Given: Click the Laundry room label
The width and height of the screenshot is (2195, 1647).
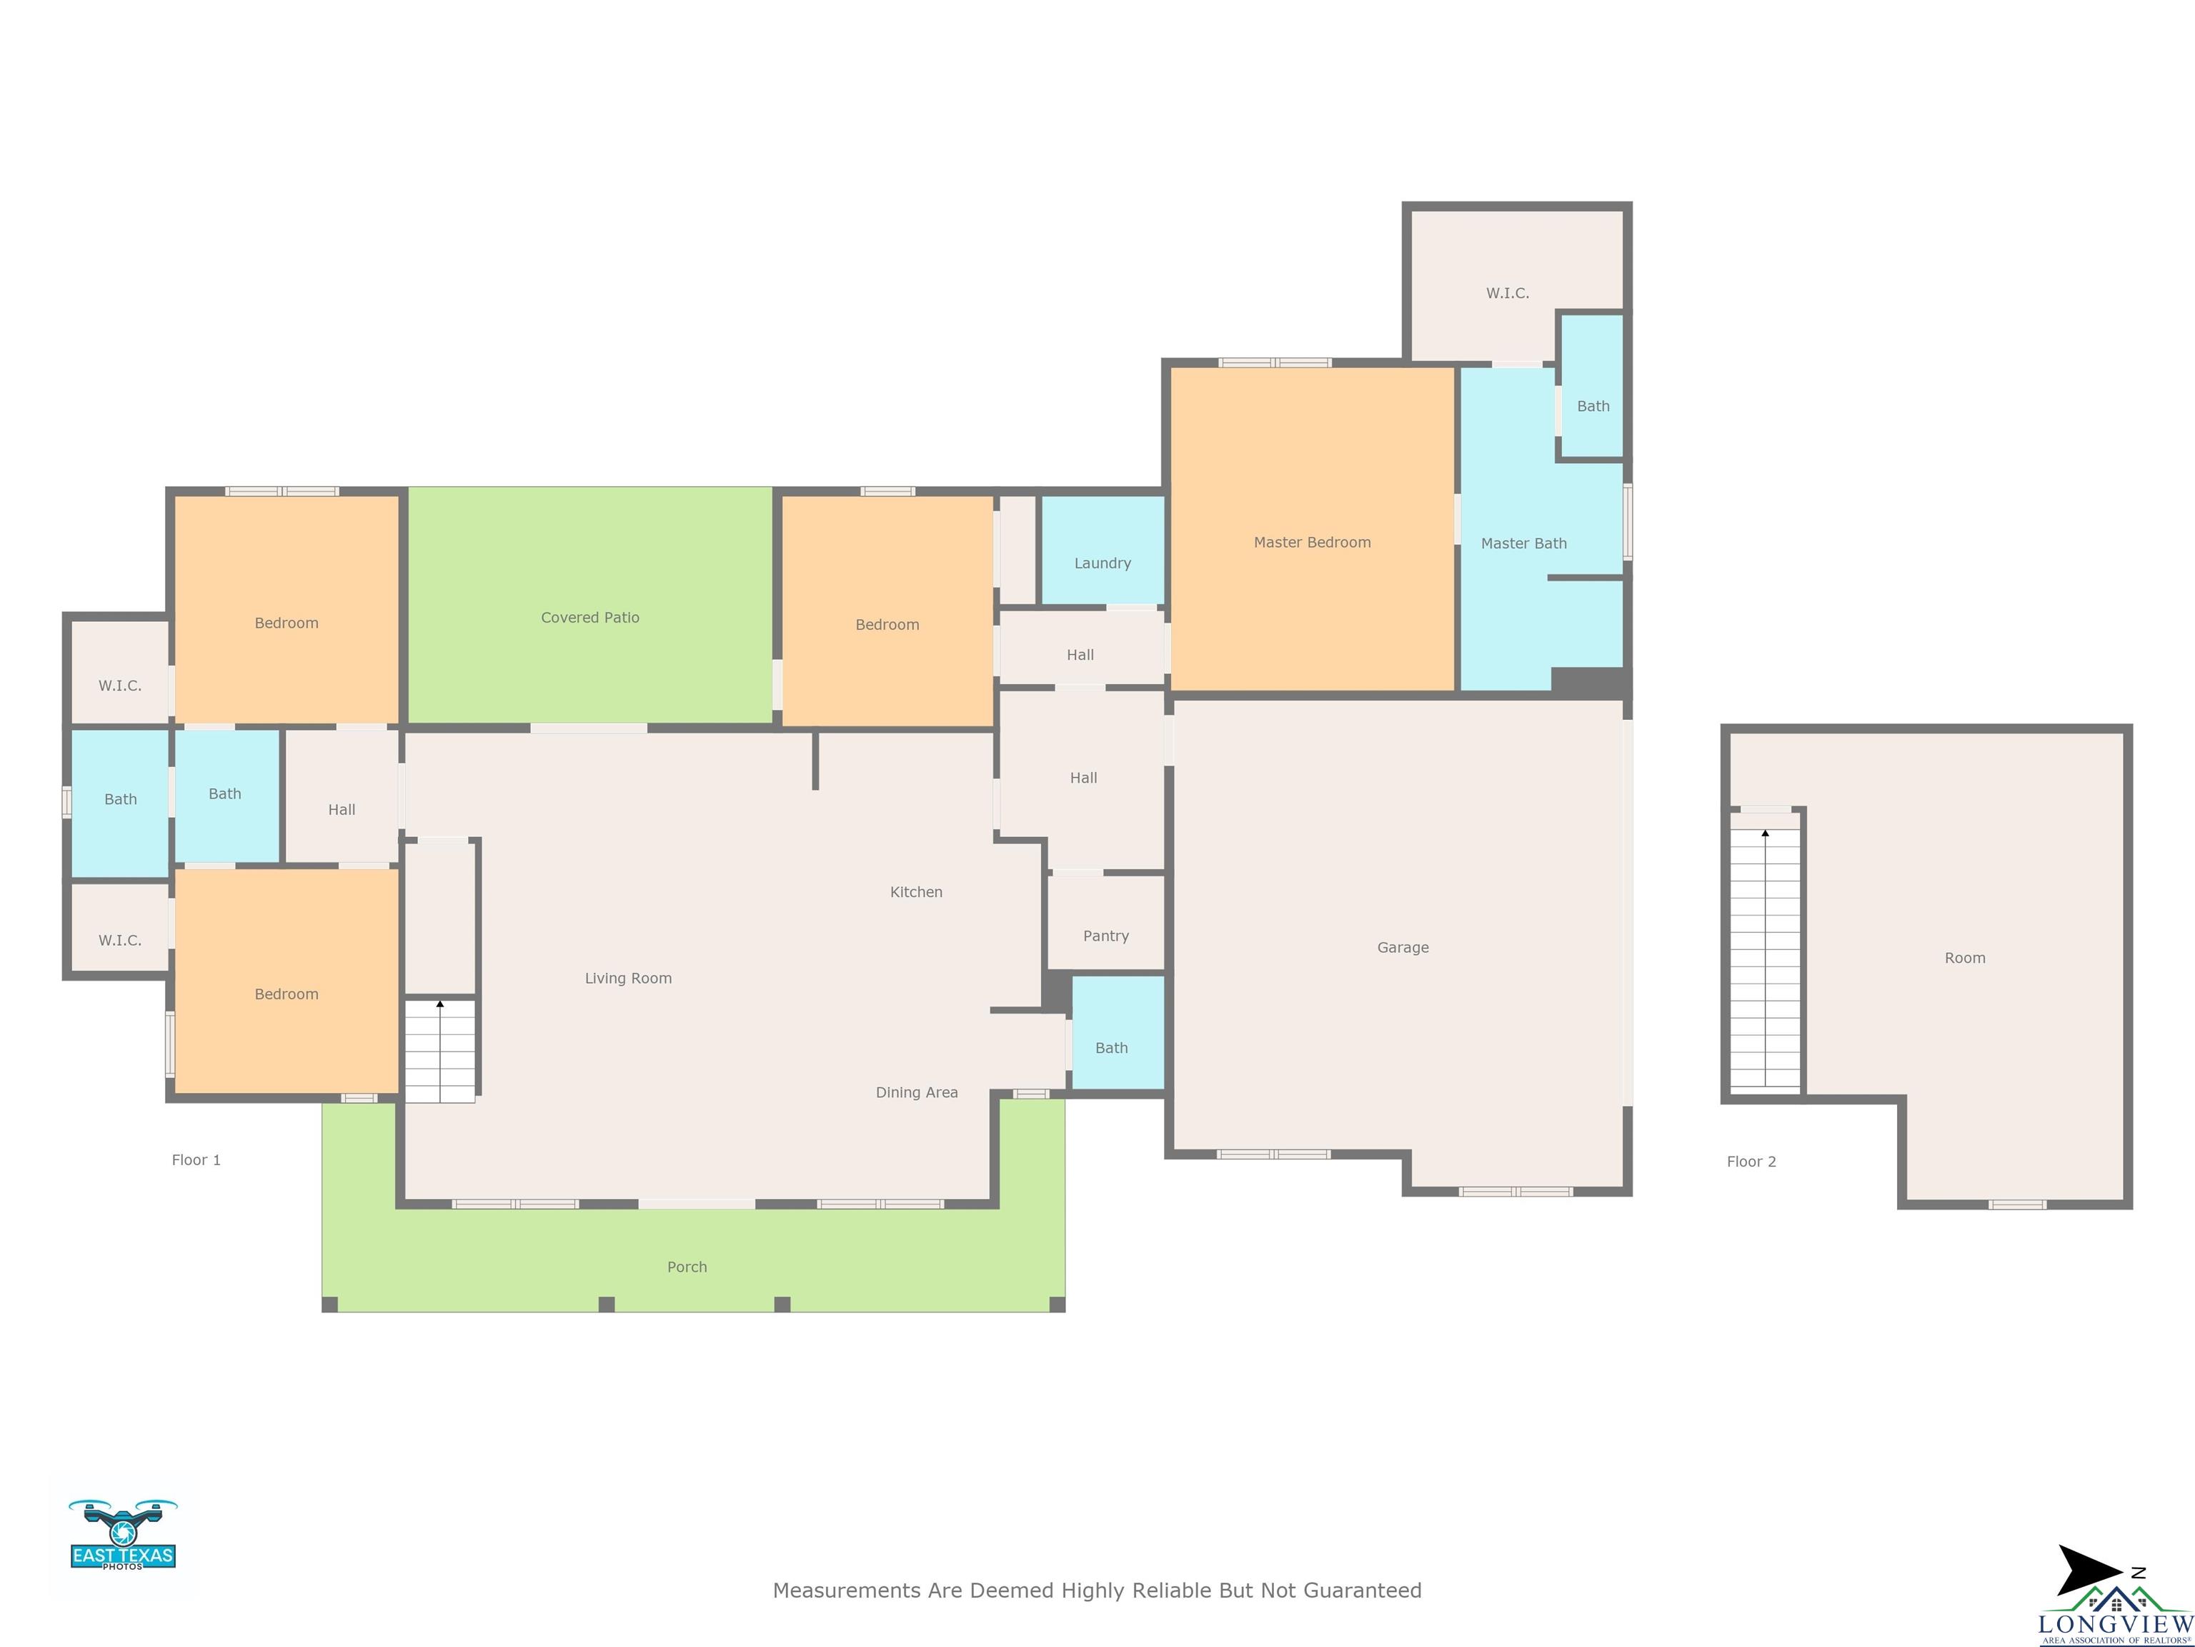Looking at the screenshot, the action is (x=1103, y=563).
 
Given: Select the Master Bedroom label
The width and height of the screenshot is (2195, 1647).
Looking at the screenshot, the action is (x=1312, y=542).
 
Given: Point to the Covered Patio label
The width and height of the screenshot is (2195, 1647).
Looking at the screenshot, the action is (x=590, y=618).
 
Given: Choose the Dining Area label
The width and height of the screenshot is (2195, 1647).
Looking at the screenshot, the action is (x=917, y=1093).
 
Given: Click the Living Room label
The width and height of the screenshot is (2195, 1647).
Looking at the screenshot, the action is (x=628, y=979).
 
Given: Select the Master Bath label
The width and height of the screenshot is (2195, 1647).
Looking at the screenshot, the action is (x=1524, y=543).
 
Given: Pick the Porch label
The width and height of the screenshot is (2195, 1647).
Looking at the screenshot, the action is (x=687, y=1267).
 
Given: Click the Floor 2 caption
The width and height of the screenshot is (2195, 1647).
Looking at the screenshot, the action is (x=1751, y=1162).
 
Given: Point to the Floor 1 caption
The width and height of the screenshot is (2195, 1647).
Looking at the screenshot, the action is (x=196, y=1159).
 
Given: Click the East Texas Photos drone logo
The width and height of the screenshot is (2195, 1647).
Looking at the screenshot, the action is (x=123, y=1534).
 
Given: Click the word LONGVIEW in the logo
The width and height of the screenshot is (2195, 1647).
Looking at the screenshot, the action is (x=2115, y=1624).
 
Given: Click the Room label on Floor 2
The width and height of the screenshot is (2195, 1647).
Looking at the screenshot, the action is (x=1965, y=958).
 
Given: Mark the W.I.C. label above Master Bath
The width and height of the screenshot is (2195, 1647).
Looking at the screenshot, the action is (x=1508, y=293).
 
